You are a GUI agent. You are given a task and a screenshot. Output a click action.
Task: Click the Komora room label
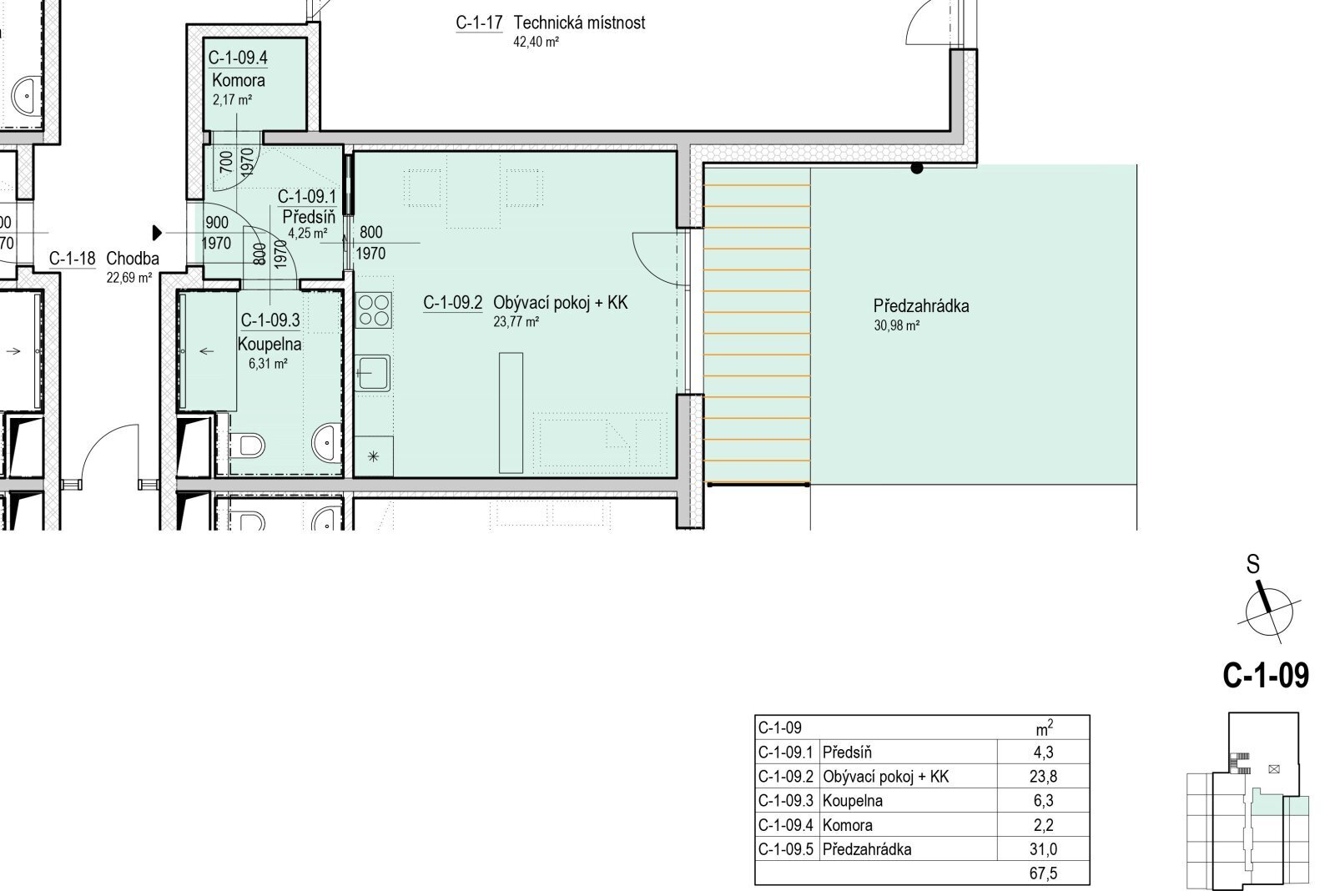[x=239, y=80]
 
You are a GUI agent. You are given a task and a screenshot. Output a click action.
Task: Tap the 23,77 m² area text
[x=516, y=322]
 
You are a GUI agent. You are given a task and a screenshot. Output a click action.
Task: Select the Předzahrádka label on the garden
[x=921, y=306]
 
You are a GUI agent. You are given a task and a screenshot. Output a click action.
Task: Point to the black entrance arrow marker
[x=158, y=233]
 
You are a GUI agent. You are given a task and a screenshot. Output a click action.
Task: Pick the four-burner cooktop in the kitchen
[x=374, y=310]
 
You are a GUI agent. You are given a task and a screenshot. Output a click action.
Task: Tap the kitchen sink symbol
[x=372, y=373]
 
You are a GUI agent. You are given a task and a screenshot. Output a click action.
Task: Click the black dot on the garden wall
[x=917, y=168]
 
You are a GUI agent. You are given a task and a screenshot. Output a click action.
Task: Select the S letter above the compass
[x=1253, y=565]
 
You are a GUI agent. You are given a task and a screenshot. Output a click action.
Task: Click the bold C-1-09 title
[x=1266, y=675]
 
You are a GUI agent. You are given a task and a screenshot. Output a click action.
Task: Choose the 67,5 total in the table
[x=1043, y=873]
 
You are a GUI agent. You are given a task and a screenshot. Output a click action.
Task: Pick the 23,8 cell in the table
[x=1043, y=776]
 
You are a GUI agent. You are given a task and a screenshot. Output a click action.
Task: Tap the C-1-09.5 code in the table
[x=785, y=849]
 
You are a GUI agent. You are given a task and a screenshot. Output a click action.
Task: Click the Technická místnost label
[x=579, y=23]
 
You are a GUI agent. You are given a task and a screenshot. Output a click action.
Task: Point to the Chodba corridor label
[x=133, y=259]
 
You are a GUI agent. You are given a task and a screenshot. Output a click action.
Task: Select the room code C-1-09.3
[x=270, y=320]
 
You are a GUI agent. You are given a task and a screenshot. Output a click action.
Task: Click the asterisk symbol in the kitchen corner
[x=373, y=457]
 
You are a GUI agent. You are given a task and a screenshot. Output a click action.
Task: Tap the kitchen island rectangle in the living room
[x=511, y=413]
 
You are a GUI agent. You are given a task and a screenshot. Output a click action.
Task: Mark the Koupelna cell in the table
[x=852, y=800]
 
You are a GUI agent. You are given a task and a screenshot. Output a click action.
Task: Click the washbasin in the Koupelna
[x=326, y=441]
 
